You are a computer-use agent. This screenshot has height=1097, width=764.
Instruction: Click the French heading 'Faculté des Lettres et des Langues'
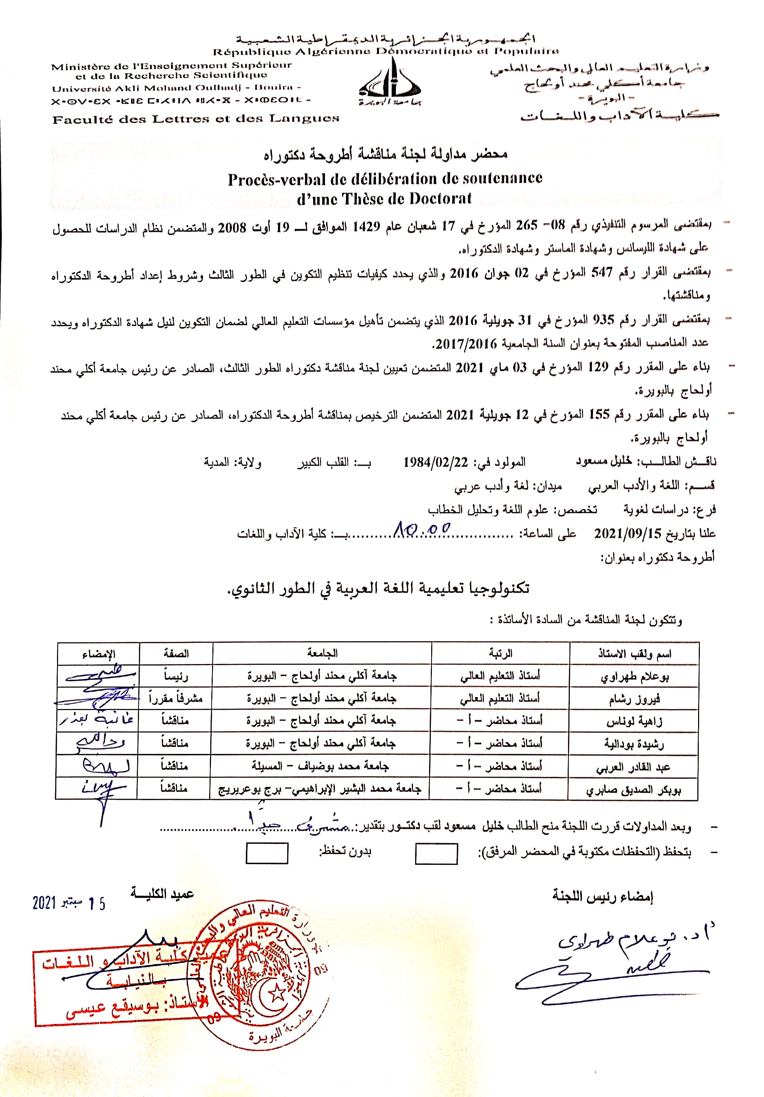coord(196,119)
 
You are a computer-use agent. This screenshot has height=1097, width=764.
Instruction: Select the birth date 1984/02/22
coord(435,462)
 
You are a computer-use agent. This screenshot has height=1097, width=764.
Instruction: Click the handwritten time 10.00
coord(423,529)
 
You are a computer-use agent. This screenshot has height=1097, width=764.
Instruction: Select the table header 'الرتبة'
coord(500,653)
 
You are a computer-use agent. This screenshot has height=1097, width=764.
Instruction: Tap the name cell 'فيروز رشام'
coord(634,699)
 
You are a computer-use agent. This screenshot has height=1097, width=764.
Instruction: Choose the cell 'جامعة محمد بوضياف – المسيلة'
coord(320,766)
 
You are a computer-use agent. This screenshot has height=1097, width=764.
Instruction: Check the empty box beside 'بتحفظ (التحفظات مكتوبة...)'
coord(436,854)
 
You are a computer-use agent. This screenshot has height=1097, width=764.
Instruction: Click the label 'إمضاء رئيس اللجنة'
coord(603,896)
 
